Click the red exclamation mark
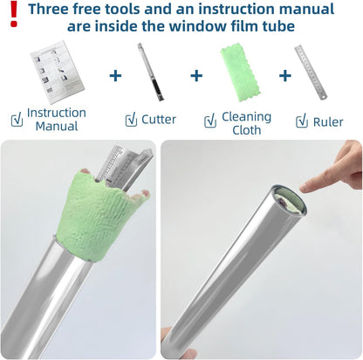[x=14, y=14]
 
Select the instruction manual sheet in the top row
[x=58, y=72]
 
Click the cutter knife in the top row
[x=151, y=72]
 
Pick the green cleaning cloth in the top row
[x=240, y=72]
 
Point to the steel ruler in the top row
[x=311, y=72]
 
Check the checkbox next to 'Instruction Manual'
[x=17, y=120]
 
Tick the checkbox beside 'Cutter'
[x=131, y=120]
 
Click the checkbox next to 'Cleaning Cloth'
[x=210, y=121]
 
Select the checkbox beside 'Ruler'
[x=302, y=121]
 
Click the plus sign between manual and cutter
[x=115, y=76]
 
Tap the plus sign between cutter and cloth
[x=196, y=76]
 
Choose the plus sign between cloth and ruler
[x=285, y=76]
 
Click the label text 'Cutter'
[x=159, y=120]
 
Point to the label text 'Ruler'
[x=328, y=122]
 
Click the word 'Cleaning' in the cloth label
[x=247, y=117]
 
